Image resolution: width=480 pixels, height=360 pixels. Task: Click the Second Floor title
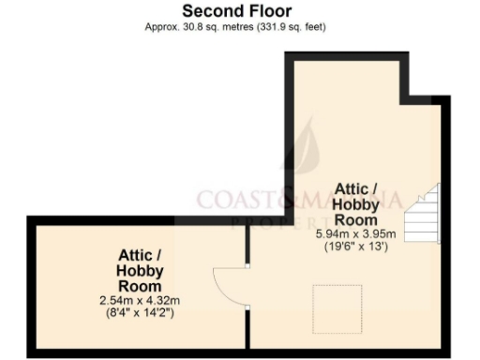pyautogui.click(x=236, y=11)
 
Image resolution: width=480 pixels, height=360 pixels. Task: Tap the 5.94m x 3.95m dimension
pyautogui.click(x=356, y=234)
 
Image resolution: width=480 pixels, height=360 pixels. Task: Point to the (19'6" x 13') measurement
pyautogui.click(x=356, y=247)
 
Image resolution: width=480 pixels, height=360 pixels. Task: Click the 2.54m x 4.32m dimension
pyautogui.click(x=141, y=300)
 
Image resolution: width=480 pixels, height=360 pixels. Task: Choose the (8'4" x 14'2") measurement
pyautogui.click(x=141, y=312)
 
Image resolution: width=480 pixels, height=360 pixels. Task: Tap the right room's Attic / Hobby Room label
pyautogui.click(x=356, y=204)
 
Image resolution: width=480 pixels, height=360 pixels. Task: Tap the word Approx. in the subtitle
pyautogui.click(x=160, y=27)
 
